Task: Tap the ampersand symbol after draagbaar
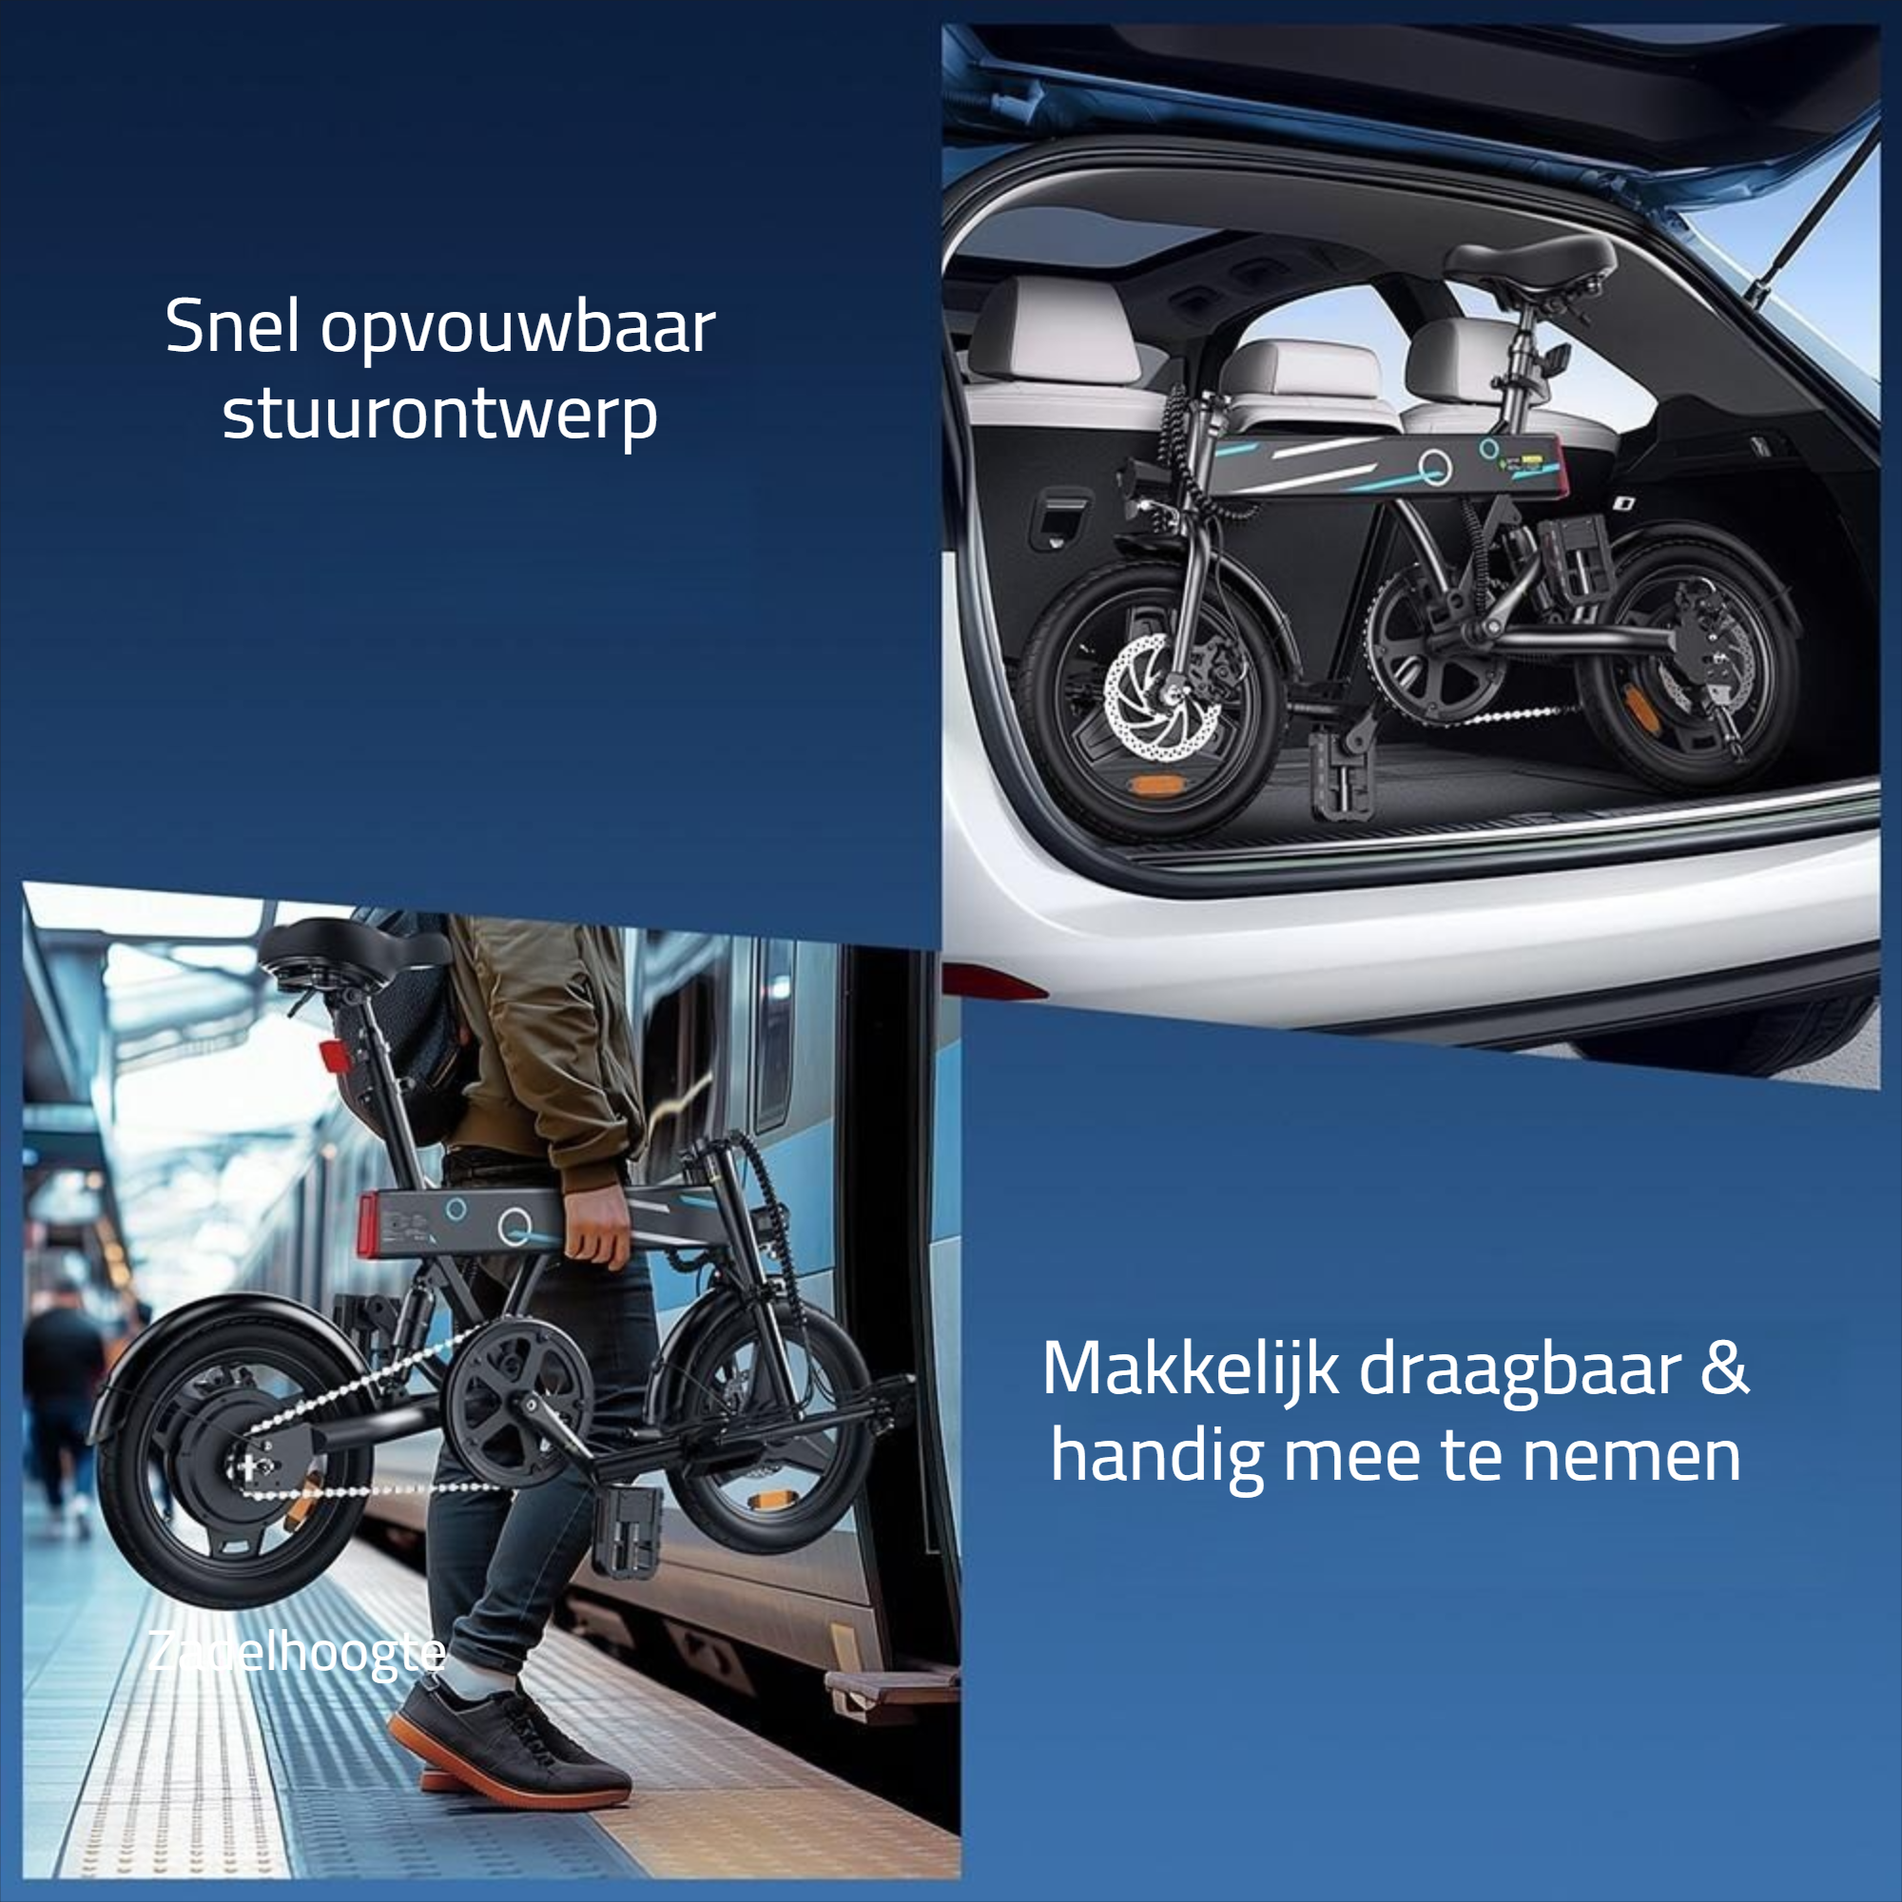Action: pos(1725,1367)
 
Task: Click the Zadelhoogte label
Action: pos(297,1653)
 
